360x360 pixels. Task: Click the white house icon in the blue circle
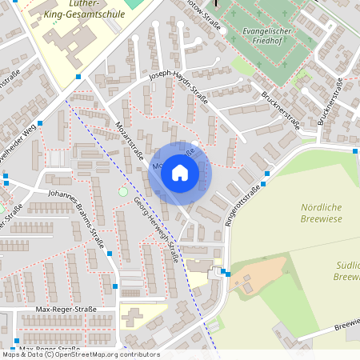180,172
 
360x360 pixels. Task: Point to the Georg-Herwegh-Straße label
156,230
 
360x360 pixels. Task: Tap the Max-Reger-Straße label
66,309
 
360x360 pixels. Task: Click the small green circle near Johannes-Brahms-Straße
122,191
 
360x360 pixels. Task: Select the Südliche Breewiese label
346,270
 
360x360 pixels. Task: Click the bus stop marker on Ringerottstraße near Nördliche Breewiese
356,150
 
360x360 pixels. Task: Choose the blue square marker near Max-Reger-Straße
116,286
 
